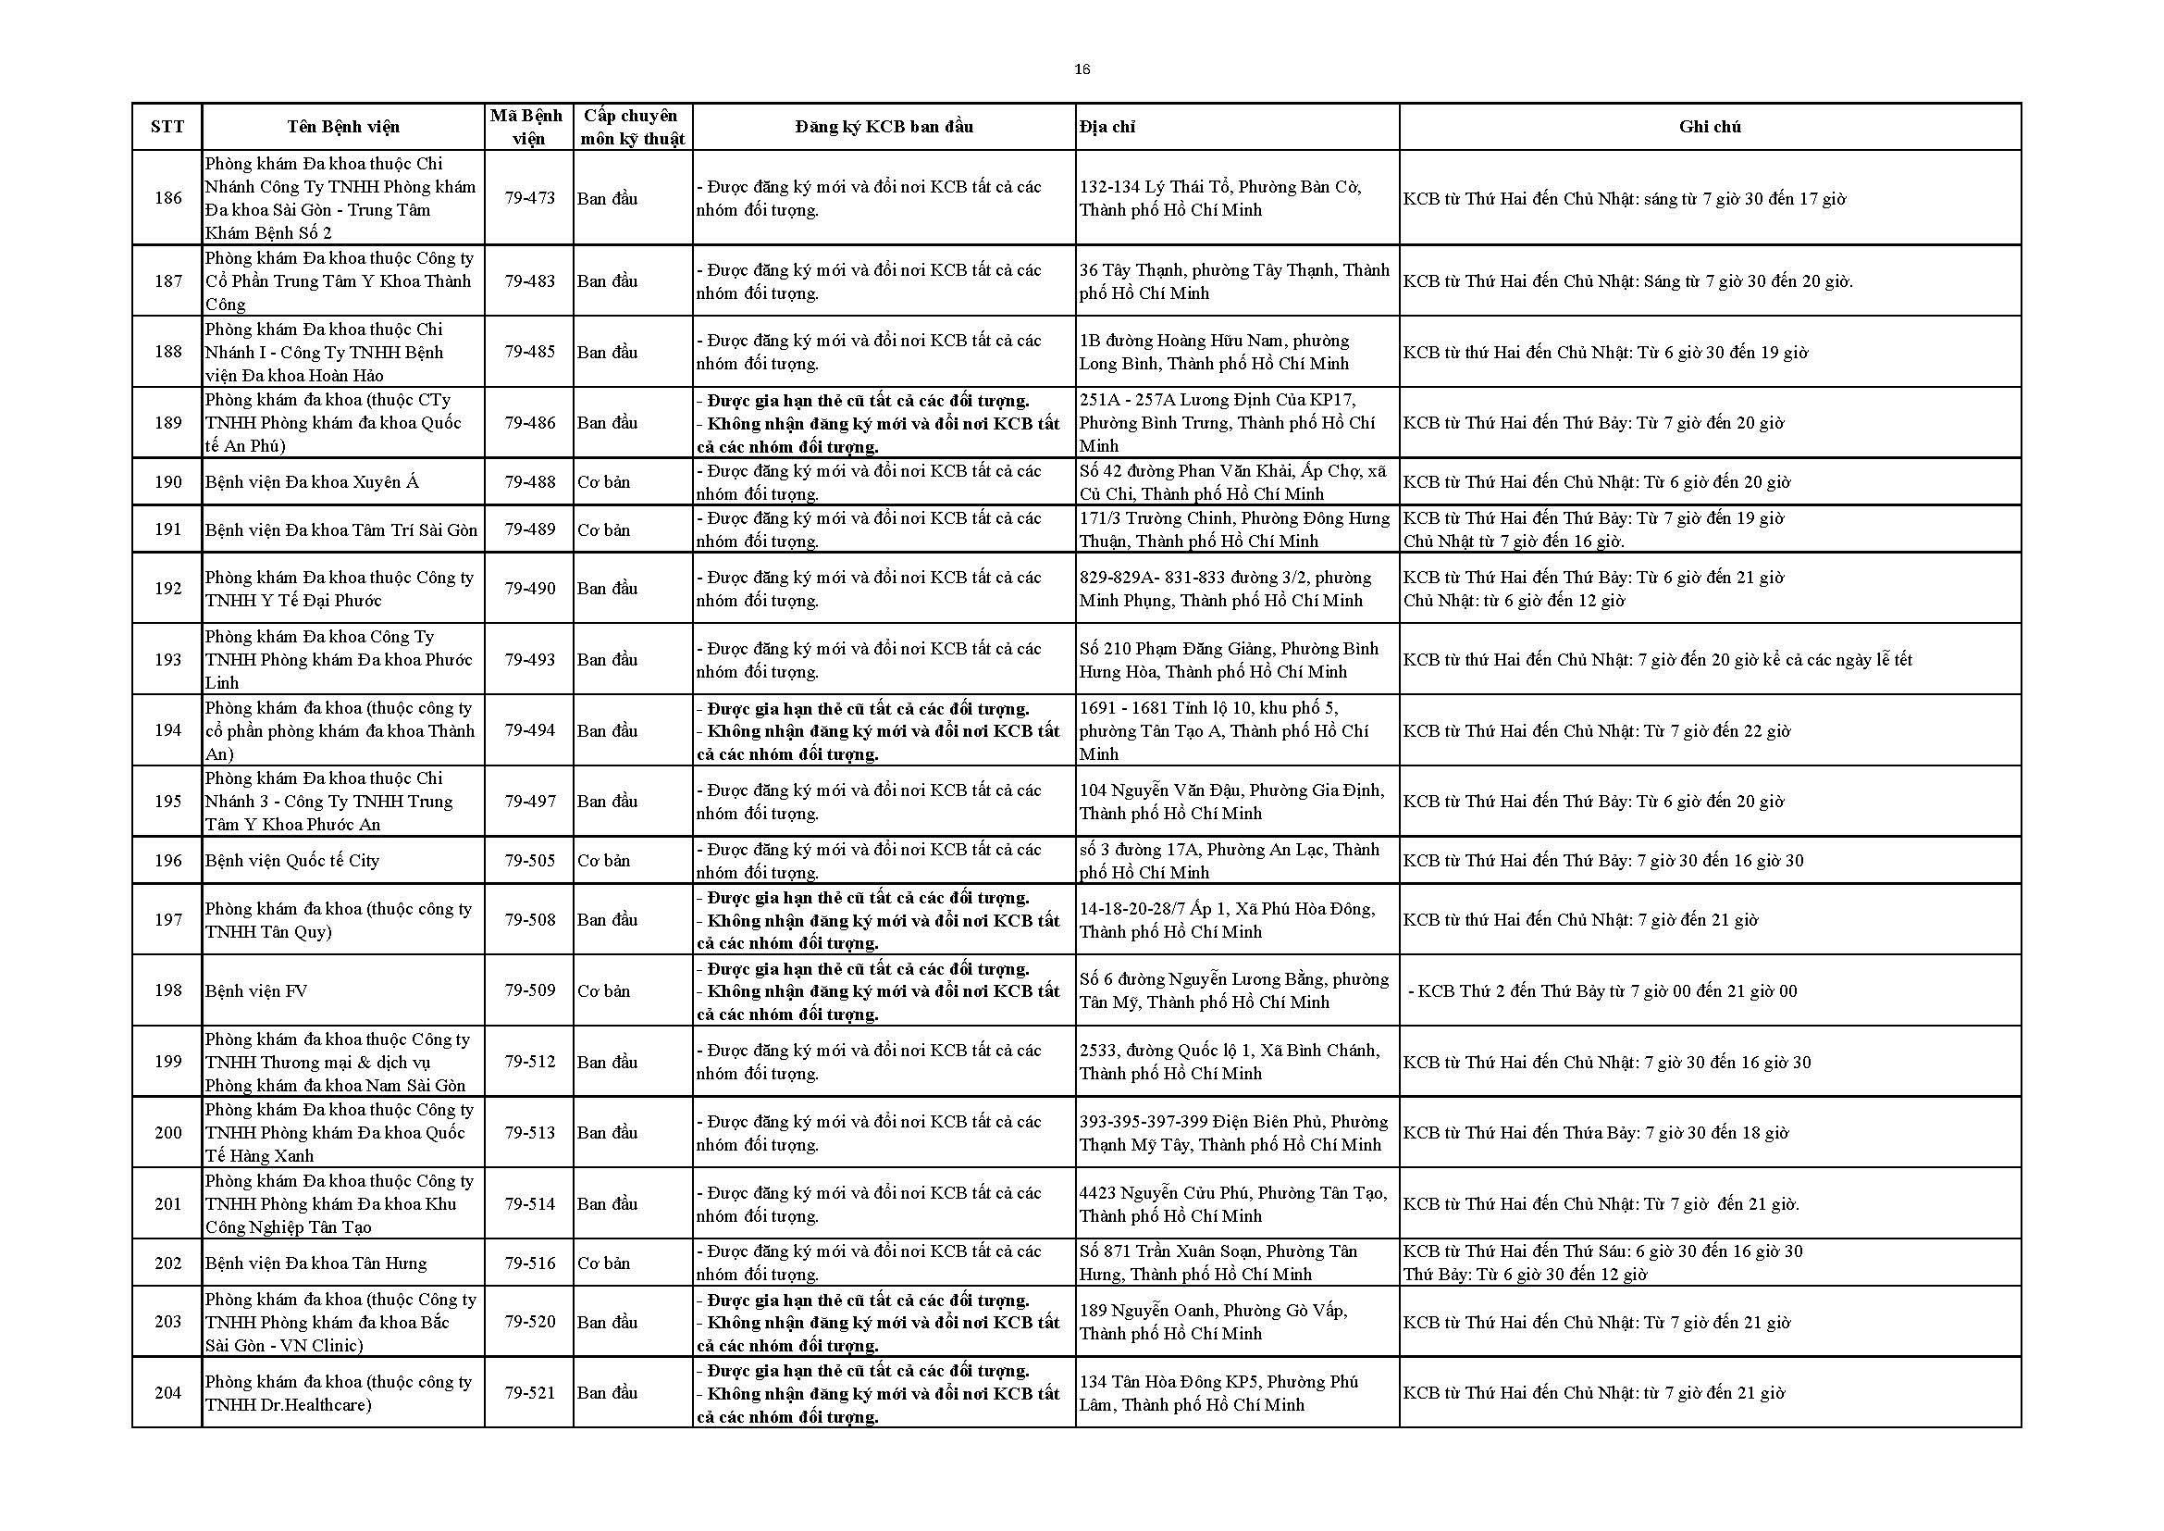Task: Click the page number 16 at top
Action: click(x=1082, y=69)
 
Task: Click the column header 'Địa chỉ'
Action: click(x=1107, y=127)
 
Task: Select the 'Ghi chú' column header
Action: click(x=1710, y=127)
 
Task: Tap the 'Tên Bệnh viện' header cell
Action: click(x=343, y=127)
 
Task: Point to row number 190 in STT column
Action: click(x=167, y=482)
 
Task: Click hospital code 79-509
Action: click(x=530, y=990)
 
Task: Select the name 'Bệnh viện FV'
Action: click(x=256, y=991)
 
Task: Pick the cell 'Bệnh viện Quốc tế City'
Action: click(x=292, y=861)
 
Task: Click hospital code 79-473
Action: click(x=530, y=199)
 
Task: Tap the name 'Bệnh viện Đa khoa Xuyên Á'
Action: click(x=312, y=482)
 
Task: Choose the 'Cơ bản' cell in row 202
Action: click(x=604, y=1263)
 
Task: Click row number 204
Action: click(x=167, y=1393)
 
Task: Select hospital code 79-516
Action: click(x=530, y=1263)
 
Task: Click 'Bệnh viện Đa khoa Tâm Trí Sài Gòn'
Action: click(x=341, y=529)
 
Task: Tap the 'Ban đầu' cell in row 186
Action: click(x=608, y=199)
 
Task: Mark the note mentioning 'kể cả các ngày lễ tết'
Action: click(x=1657, y=660)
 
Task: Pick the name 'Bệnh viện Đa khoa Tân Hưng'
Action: click(x=315, y=1263)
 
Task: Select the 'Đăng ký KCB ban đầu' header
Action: click(x=884, y=127)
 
